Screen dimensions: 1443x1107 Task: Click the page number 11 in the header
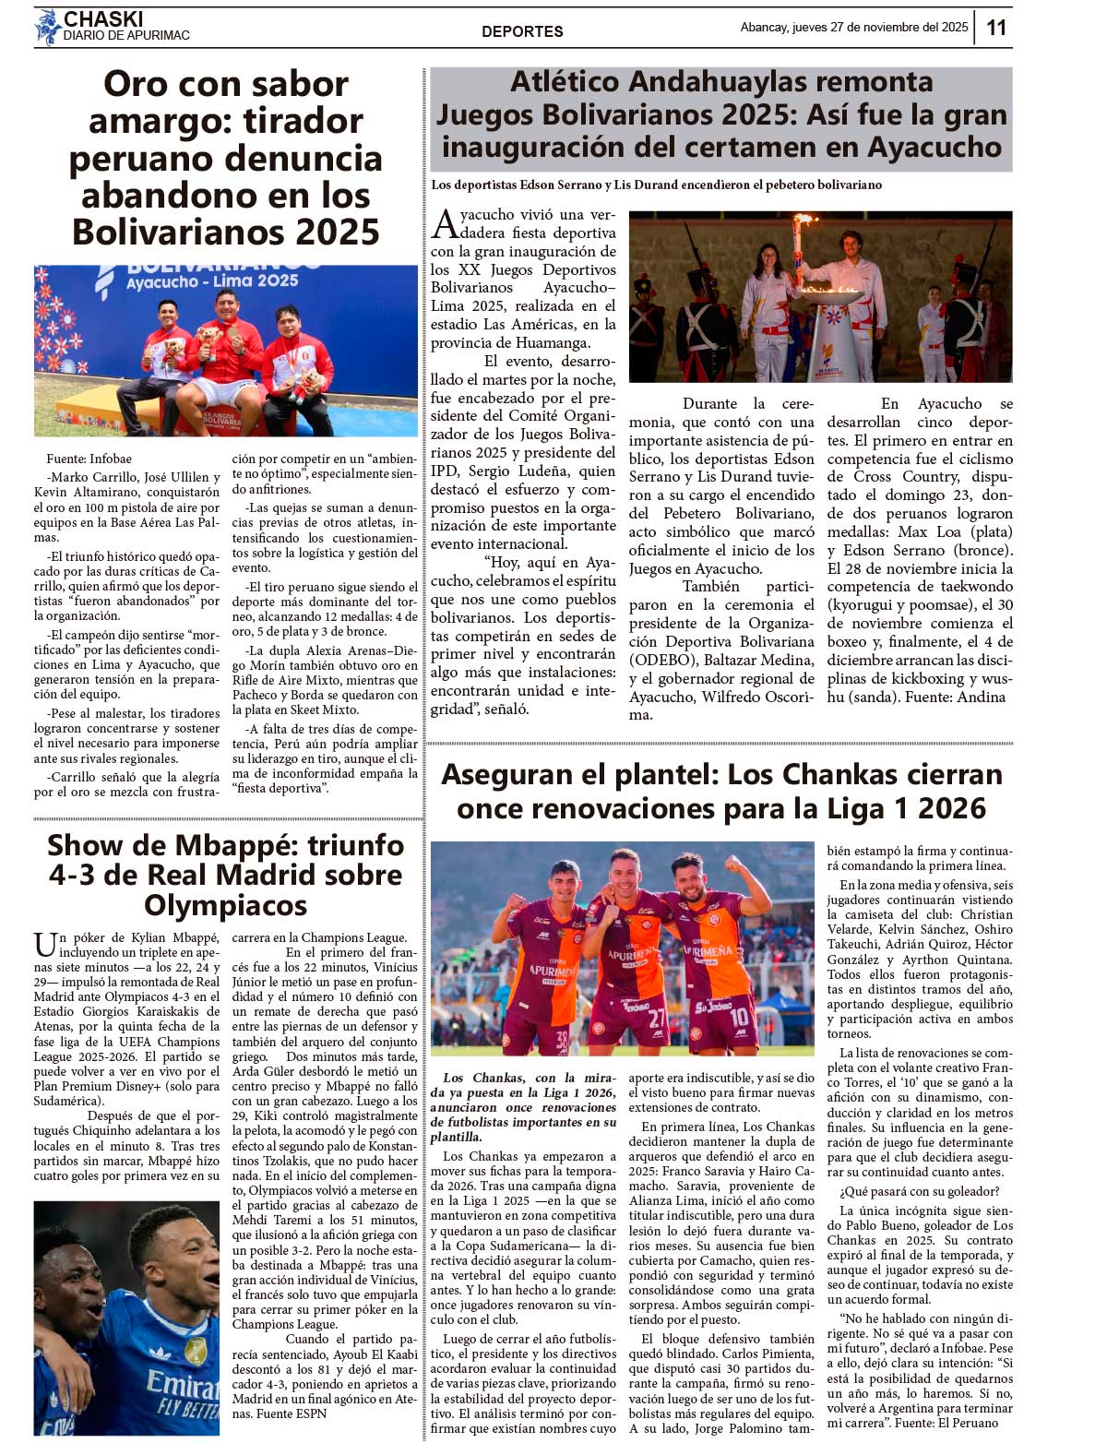996,28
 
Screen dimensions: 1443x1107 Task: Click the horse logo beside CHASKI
47,28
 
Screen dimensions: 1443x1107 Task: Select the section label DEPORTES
522,31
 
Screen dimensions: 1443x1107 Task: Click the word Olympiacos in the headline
225,905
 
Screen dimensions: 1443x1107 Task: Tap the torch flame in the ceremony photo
804,222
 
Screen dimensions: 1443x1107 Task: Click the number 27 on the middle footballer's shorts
656,1019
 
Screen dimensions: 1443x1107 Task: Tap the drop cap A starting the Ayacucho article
445,223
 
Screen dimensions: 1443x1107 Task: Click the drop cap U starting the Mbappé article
45,945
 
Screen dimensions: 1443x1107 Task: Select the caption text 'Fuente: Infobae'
89,459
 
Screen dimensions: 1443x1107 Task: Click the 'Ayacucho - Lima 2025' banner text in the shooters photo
213,280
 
